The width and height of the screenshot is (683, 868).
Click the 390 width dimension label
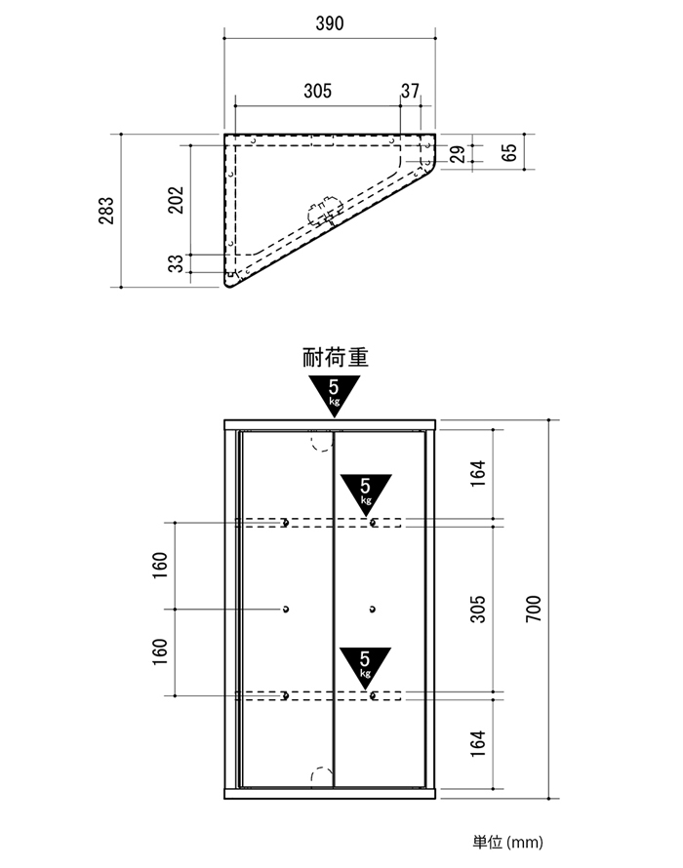pyautogui.click(x=330, y=23)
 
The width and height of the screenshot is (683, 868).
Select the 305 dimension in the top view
pyautogui.click(x=317, y=91)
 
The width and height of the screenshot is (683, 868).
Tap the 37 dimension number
pyautogui.click(x=411, y=91)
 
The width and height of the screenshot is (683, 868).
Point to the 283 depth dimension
pyautogui.click(x=106, y=211)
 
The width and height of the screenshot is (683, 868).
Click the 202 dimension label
pyautogui.click(x=176, y=200)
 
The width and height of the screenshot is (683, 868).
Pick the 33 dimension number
pyautogui.click(x=176, y=263)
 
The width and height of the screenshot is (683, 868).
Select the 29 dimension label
pyautogui.click(x=458, y=154)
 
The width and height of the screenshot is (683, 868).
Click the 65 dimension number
pyautogui.click(x=509, y=152)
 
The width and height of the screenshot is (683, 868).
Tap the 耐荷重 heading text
pyautogui.click(x=335, y=357)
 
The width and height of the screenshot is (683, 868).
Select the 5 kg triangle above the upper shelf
pyautogui.click(x=366, y=493)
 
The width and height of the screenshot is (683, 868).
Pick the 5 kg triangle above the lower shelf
pyautogui.click(x=365, y=666)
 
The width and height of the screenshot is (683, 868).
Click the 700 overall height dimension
pyautogui.click(x=533, y=609)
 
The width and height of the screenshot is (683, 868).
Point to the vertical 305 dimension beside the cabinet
pyautogui.click(x=477, y=609)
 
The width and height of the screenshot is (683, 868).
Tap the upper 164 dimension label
pyautogui.click(x=477, y=473)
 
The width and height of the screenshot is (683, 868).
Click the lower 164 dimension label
pyautogui.click(x=477, y=743)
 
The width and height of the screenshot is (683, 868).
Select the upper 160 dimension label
pyautogui.click(x=160, y=566)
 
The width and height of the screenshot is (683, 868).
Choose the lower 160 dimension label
pyautogui.click(x=160, y=652)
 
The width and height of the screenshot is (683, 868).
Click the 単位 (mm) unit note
pyautogui.click(x=507, y=842)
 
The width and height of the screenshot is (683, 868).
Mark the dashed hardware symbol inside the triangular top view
pyautogui.click(x=325, y=211)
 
